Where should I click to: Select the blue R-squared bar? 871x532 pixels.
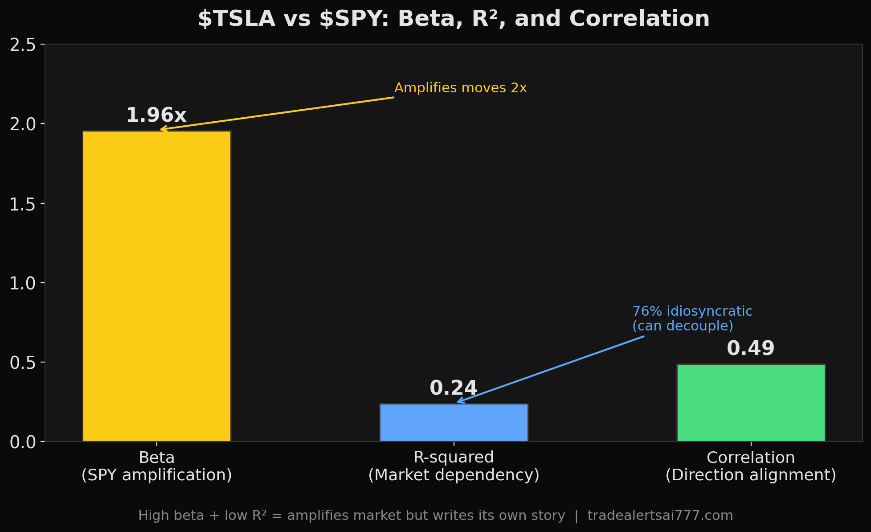tap(454, 423)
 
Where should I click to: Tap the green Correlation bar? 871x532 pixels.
tap(751, 403)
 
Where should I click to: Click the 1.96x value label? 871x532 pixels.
tap(156, 115)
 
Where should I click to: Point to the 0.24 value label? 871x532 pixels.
tap(454, 388)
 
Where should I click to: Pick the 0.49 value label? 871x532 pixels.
tap(751, 349)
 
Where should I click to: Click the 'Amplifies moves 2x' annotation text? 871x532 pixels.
tap(460, 88)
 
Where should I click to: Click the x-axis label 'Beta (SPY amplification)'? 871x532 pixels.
tap(156, 466)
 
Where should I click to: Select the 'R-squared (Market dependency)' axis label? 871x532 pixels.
tap(454, 466)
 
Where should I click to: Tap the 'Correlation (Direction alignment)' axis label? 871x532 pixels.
tap(751, 466)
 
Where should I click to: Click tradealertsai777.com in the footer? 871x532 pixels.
tap(660, 516)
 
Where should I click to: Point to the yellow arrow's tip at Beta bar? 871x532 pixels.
tap(161, 129)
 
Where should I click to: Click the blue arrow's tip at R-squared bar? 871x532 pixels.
tap(458, 402)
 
